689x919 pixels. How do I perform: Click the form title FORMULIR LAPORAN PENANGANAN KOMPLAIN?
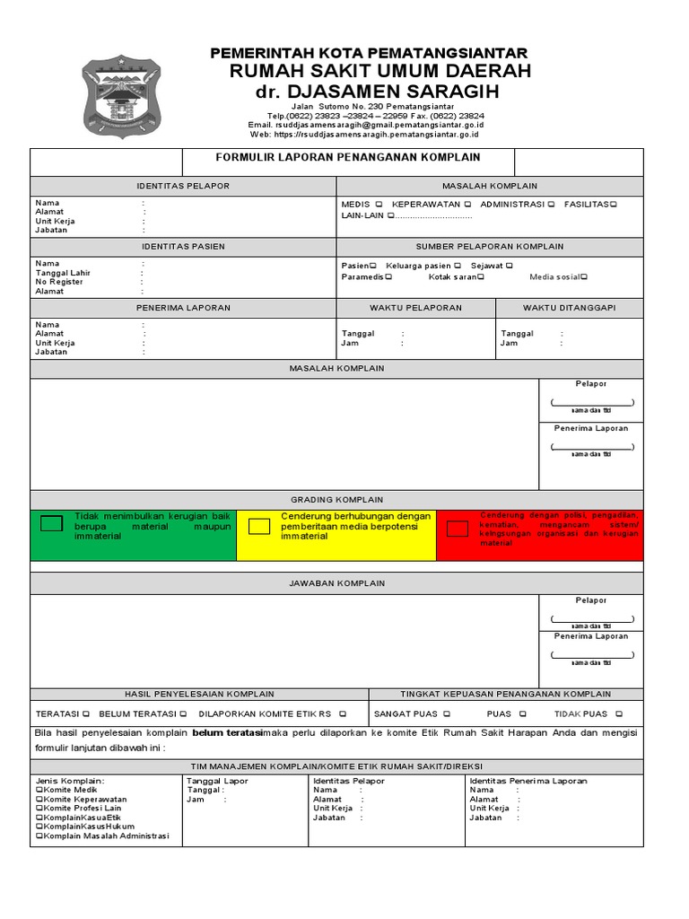click(348, 157)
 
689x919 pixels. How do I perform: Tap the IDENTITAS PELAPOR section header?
click(183, 186)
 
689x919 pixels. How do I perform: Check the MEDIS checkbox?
click(379, 204)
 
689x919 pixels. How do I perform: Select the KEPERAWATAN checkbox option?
click(467, 204)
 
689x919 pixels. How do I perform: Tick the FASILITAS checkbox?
click(614, 204)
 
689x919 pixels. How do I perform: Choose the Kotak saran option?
click(481, 277)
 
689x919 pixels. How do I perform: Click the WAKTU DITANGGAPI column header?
click(569, 308)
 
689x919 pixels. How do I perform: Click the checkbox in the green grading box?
click(53, 524)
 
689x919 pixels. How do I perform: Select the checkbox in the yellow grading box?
click(259, 527)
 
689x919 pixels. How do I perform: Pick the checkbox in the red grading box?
click(458, 529)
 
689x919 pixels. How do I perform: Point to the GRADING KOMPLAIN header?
click(336, 499)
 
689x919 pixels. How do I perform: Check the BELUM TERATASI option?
click(183, 714)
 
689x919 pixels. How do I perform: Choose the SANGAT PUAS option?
click(445, 714)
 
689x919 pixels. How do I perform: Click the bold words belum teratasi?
click(226, 732)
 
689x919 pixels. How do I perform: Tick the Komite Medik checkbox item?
click(39, 790)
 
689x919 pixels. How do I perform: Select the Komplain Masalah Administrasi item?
click(39, 836)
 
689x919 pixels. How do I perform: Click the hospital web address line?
click(364, 134)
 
